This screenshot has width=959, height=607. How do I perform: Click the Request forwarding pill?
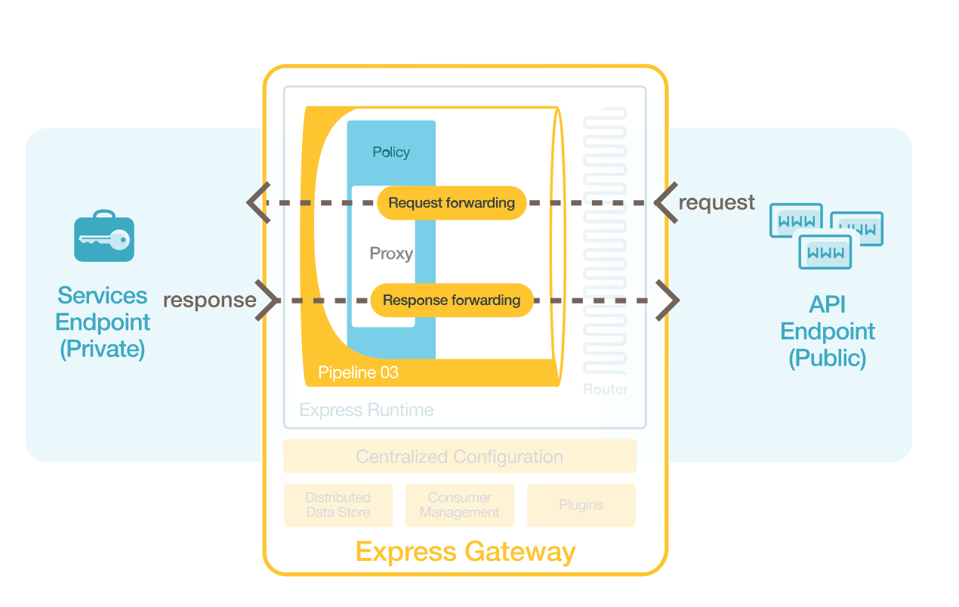tap(451, 203)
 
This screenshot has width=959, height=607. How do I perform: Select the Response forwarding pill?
tap(451, 300)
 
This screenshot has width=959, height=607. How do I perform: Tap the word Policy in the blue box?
tap(391, 153)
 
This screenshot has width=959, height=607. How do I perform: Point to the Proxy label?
tap(391, 254)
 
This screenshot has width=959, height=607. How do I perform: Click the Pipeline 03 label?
tap(358, 373)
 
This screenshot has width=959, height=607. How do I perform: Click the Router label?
tap(606, 390)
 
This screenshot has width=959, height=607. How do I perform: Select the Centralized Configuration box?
tap(460, 457)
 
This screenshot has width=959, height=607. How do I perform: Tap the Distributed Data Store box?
tap(338, 505)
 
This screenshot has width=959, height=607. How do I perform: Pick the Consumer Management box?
tap(460, 505)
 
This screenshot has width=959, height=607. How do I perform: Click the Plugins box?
tap(581, 505)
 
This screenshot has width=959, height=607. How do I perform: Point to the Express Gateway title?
tap(465, 552)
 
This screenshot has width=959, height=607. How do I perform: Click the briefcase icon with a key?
tap(104, 238)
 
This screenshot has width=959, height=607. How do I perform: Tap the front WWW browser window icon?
tap(825, 252)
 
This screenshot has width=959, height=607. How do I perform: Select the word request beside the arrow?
tap(717, 202)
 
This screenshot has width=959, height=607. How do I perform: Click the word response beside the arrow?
tap(209, 300)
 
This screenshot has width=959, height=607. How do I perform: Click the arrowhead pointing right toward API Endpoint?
tap(668, 300)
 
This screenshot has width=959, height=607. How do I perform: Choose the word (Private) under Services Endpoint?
tap(103, 350)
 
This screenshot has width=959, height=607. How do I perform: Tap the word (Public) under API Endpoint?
tap(827, 358)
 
